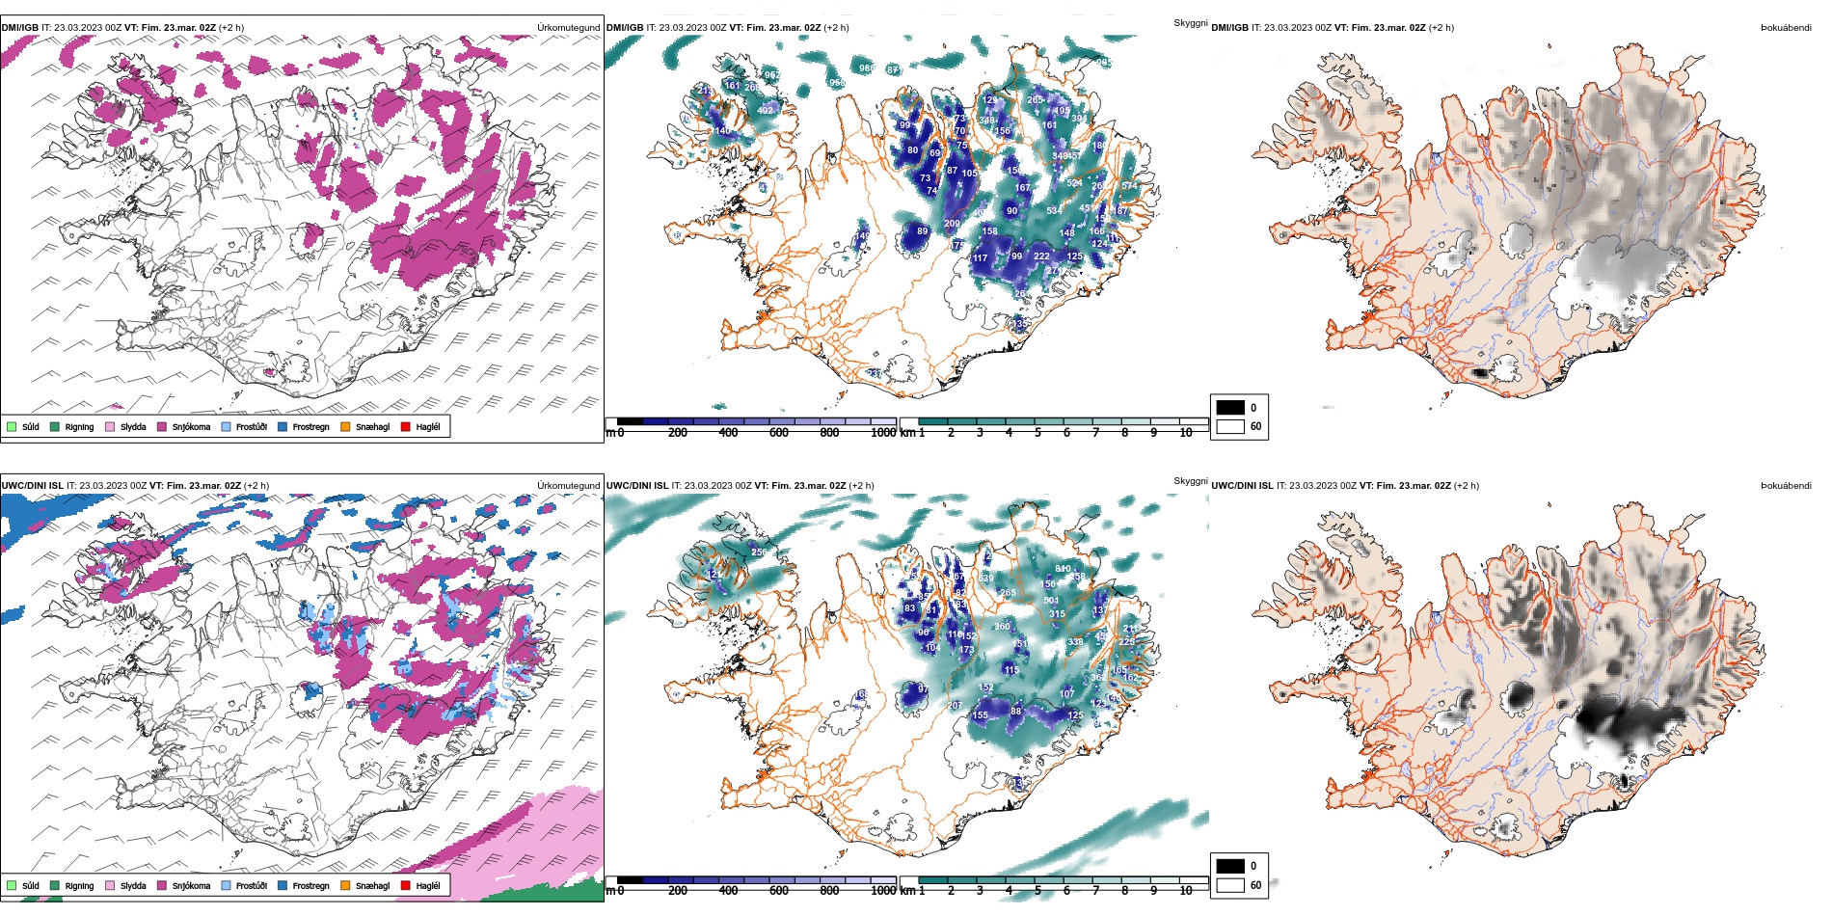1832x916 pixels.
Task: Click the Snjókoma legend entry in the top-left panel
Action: [x=191, y=427]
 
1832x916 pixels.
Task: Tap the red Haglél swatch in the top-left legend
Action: [x=406, y=426]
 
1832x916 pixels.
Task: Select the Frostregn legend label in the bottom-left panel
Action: [x=310, y=886]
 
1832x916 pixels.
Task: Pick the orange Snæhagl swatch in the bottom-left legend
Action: [x=345, y=885]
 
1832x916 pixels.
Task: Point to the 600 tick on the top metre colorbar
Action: [x=779, y=433]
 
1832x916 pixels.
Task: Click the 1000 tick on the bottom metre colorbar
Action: [x=883, y=891]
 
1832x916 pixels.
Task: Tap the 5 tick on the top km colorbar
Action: [x=1037, y=433]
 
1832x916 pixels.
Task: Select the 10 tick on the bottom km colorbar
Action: [x=1186, y=891]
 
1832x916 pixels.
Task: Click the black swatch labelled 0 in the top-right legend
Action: [x=1230, y=408]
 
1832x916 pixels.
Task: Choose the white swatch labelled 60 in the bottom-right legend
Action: [x=1230, y=885]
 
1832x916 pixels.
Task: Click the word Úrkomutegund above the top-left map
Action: [x=568, y=28]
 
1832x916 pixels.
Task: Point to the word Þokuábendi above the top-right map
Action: [x=1786, y=28]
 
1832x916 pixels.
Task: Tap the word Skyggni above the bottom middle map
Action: [x=1190, y=481]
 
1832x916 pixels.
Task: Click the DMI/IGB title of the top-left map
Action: [x=19, y=28]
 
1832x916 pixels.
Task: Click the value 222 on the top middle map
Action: [x=1041, y=256]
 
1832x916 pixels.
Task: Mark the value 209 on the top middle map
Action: [x=952, y=224]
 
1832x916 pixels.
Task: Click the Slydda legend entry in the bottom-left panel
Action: [x=133, y=886]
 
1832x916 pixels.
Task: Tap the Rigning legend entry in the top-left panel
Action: [x=79, y=427]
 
